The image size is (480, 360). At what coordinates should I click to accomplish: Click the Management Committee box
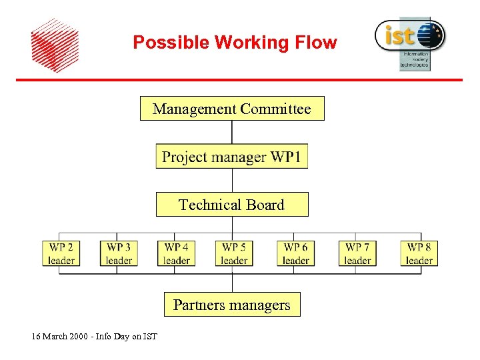(x=231, y=109)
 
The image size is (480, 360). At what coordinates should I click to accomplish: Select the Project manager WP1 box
(x=231, y=157)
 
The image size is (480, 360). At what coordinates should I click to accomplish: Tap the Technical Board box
(x=231, y=205)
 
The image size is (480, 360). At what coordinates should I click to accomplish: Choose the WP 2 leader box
(x=61, y=253)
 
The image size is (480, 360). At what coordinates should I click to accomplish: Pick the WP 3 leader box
(x=119, y=253)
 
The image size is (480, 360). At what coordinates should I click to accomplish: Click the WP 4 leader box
(x=177, y=253)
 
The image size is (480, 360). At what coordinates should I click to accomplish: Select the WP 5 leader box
(x=234, y=253)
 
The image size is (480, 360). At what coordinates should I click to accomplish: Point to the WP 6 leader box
(x=295, y=253)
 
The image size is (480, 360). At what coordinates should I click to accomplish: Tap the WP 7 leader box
(x=357, y=253)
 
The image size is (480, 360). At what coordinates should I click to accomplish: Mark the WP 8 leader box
(x=419, y=253)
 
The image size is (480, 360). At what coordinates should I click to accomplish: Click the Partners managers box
(x=231, y=305)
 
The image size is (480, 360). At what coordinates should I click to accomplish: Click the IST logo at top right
(x=409, y=41)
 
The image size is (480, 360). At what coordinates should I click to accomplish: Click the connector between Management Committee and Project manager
(x=232, y=132)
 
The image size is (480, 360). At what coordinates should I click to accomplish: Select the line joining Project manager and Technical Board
(x=232, y=181)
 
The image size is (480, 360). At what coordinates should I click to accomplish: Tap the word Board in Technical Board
(x=265, y=205)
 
